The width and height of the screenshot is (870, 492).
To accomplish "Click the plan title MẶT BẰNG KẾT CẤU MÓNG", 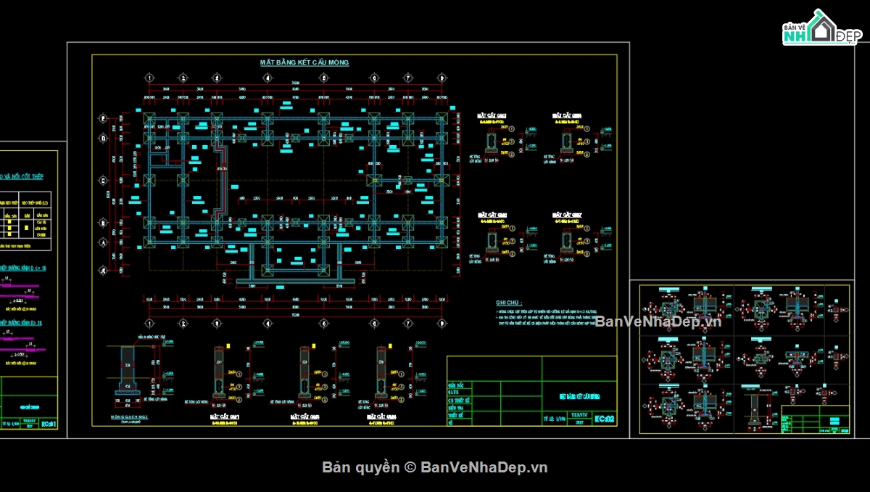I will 304,62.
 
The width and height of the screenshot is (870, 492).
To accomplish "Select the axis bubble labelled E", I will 103,118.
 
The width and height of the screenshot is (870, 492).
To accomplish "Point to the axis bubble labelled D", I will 103,138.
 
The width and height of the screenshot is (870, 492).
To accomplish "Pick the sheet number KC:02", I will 604,419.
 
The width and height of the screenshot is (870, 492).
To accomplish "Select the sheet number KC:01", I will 49,424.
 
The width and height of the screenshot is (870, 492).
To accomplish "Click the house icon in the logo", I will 822,30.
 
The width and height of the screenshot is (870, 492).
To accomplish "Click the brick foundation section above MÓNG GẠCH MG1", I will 127,370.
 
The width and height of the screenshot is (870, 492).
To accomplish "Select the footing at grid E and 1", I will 149,118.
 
